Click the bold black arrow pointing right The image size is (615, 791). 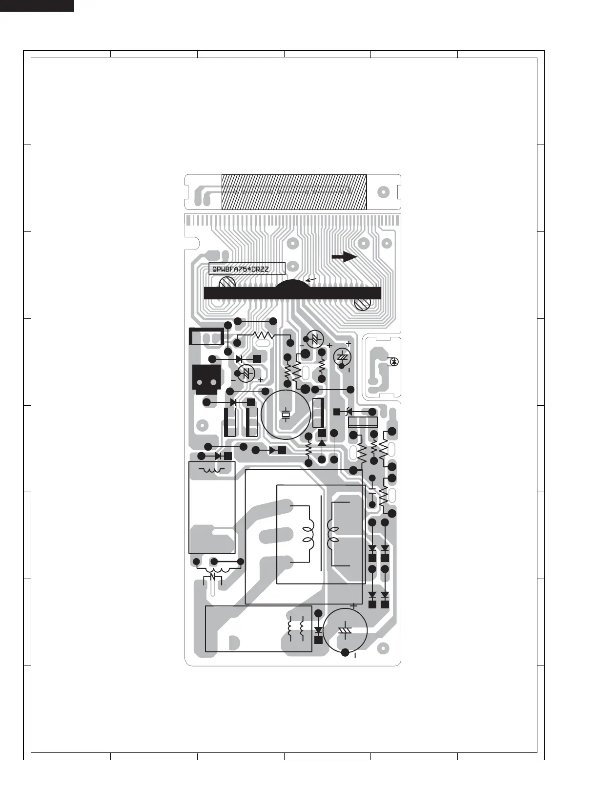[345, 256]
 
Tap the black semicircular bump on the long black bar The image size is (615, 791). [291, 285]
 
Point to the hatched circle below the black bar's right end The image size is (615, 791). [362, 304]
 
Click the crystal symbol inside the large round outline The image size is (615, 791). [286, 415]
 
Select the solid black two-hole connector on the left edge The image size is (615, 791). [206, 379]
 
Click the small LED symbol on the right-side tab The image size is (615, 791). [394, 361]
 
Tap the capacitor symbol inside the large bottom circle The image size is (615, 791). [345, 630]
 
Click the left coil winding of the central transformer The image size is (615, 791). [308, 534]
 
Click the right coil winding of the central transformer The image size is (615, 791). [334, 534]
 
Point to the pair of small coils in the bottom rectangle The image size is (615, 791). [296, 629]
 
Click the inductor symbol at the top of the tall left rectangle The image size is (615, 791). [211, 470]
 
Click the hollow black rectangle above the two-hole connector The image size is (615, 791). [206, 336]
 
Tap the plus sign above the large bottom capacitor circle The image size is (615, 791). [353, 606]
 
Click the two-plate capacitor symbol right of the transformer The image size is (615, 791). [372, 490]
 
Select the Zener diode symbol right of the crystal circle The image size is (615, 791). [349, 412]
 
